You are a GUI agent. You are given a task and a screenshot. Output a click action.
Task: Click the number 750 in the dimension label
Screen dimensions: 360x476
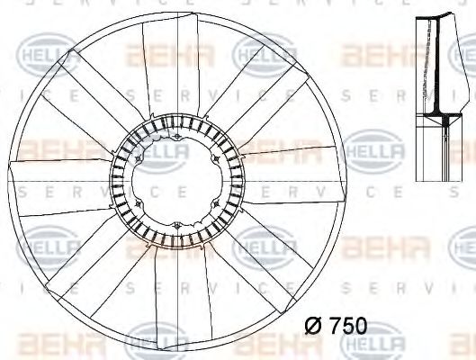click(347, 326)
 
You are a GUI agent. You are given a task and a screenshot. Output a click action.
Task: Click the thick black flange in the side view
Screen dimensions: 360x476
click(442, 115)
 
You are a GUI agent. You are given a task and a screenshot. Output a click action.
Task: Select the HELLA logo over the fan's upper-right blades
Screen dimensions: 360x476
click(264, 56)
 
